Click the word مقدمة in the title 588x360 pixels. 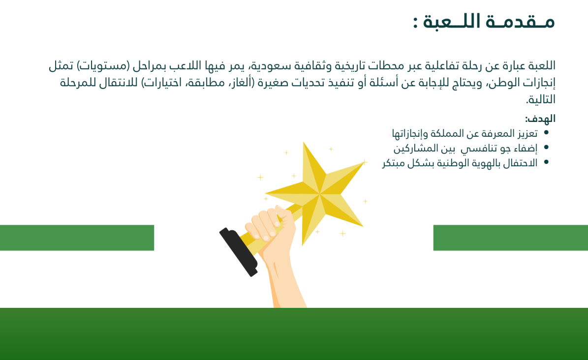coord(520,22)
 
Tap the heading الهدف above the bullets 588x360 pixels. coord(540,119)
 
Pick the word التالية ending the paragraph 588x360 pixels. coord(540,99)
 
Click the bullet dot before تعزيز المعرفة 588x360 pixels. coord(546,132)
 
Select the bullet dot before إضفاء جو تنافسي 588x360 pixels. coord(546,148)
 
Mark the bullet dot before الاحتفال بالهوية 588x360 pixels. coord(546,162)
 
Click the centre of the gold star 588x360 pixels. coord(319,194)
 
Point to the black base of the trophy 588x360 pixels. coord(239,252)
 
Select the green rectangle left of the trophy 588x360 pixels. coord(77,238)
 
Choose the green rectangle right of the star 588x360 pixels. coord(510,238)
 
